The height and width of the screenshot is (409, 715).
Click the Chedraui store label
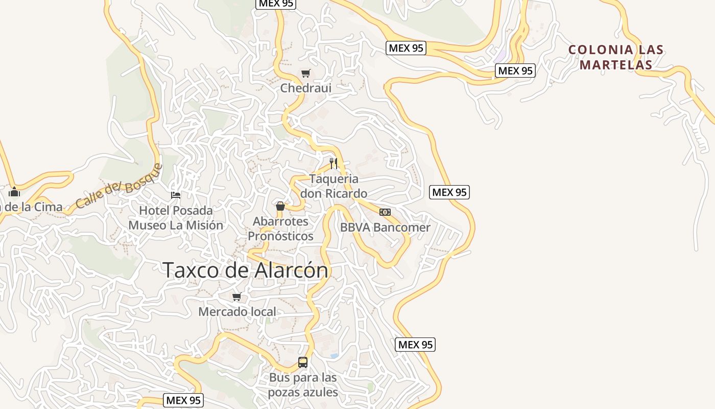coord(305,88)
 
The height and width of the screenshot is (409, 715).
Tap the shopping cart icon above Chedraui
coord(305,74)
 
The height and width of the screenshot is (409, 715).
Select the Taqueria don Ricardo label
coord(333,186)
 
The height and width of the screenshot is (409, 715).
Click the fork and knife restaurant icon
coord(333,164)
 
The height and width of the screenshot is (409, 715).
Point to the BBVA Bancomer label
coord(385,228)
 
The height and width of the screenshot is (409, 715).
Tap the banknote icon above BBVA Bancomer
coord(385,212)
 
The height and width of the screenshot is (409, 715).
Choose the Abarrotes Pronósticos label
coord(280,229)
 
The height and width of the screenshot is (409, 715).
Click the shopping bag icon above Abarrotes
coord(280,206)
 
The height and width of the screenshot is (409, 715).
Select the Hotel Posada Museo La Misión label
coord(176,218)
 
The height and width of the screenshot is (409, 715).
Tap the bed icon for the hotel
coord(176,195)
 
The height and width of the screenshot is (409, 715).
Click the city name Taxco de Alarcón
coord(245,270)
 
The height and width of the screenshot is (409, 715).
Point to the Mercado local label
coord(237,311)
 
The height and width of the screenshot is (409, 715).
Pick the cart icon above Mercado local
coord(237,297)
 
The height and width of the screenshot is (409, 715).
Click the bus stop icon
coord(303,362)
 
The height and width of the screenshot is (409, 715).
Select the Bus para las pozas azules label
coord(303,385)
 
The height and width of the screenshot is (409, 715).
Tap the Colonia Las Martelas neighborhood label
coord(616,57)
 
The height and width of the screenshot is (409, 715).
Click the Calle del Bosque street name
coord(118,186)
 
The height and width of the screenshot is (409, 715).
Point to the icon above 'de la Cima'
coord(14,192)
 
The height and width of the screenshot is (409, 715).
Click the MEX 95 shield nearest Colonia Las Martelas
coord(515,71)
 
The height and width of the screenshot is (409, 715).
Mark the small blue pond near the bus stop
coord(334,355)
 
